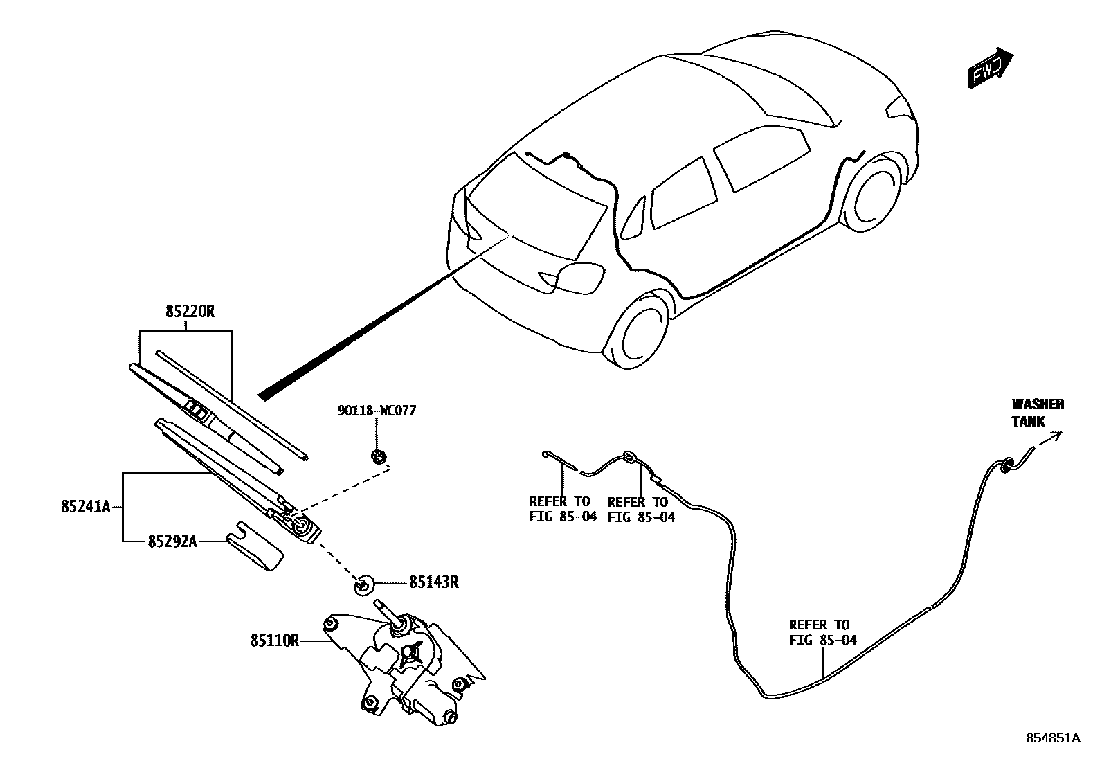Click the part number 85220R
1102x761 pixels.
190,312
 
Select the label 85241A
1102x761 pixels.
85,507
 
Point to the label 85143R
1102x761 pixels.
433,582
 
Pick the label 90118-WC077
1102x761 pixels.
377,411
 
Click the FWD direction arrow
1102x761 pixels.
989,68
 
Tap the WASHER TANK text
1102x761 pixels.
1037,413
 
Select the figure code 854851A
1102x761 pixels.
1052,738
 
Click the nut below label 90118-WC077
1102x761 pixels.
378,456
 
